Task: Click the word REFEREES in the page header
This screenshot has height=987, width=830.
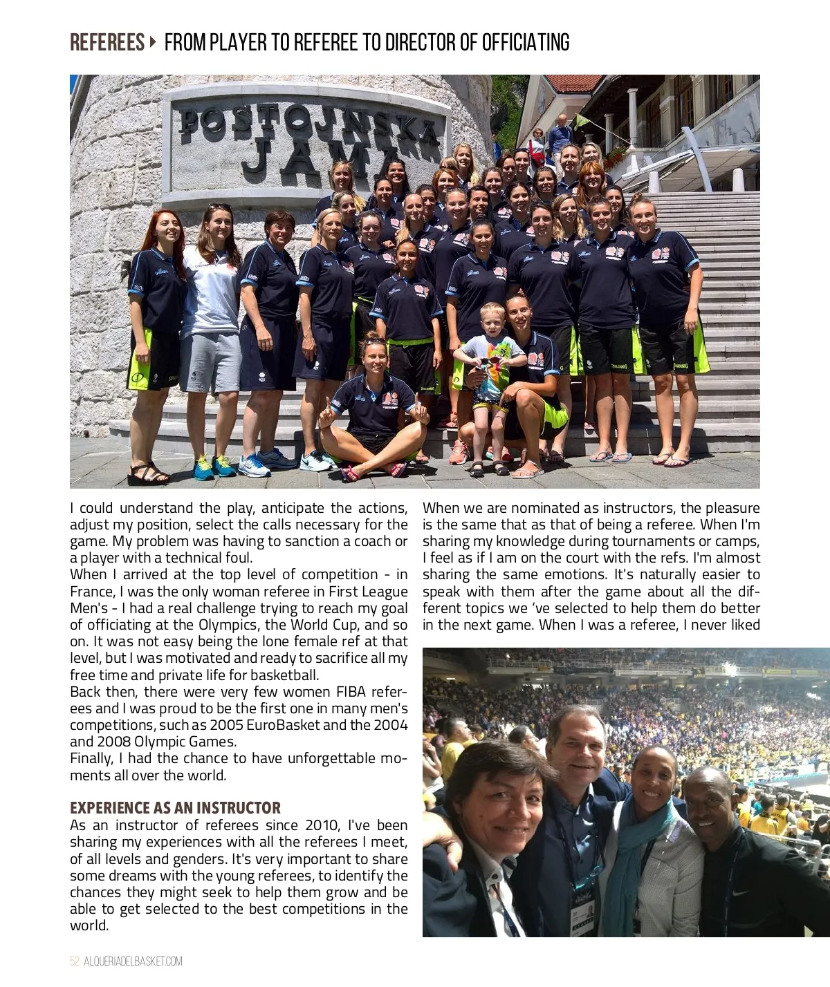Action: (107, 43)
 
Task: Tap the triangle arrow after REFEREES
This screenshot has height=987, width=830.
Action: (154, 42)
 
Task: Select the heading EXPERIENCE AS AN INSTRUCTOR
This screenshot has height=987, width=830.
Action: (175, 808)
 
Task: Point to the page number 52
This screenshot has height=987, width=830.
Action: (75, 961)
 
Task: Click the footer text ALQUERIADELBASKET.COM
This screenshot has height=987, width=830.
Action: (133, 961)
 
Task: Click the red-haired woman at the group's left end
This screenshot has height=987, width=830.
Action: (154, 304)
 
